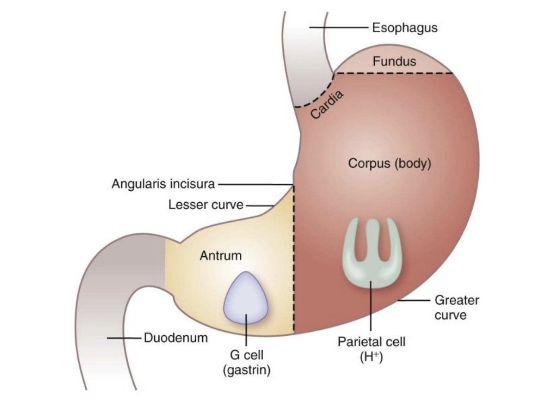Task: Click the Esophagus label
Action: coord(405,28)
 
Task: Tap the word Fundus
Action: coord(395,62)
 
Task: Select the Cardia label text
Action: coord(327,104)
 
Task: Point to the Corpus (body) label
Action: coord(389,164)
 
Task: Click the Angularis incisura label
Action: coord(163,184)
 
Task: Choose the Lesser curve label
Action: coord(206,205)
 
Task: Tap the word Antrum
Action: coord(220,255)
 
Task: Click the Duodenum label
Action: coord(176,338)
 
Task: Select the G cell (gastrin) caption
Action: coord(246,363)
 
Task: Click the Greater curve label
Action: coord(456,307)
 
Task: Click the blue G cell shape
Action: coord(245,298)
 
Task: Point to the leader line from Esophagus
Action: coord(339,28)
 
